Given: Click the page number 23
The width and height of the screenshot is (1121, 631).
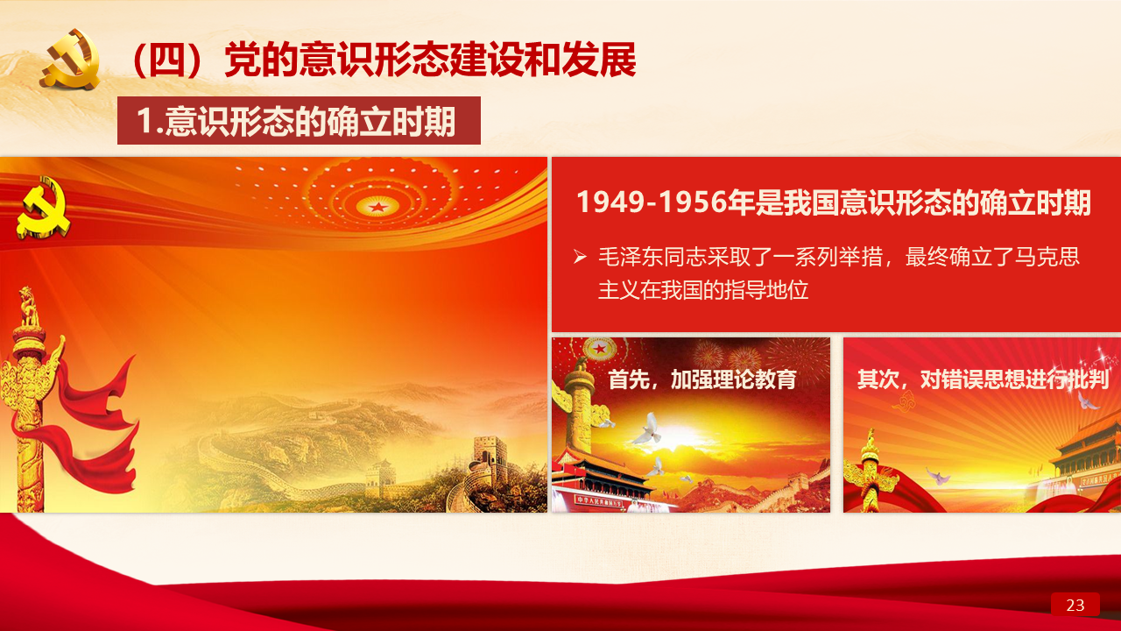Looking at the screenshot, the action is point(1075,605).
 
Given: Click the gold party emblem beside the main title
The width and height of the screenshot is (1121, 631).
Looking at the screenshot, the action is point(71,60).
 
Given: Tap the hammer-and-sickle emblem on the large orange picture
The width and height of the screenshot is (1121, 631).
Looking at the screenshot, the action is point(43,208).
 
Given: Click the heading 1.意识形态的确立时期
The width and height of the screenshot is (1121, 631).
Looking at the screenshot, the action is point(296,121).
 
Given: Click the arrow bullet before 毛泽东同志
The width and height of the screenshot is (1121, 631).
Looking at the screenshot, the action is point(581,257).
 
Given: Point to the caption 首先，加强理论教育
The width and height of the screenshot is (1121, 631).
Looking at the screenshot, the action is point(702,379).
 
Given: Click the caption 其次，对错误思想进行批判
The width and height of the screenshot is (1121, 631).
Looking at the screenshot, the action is point(983,379).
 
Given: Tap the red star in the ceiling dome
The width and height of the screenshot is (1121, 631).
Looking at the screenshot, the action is point(378,206).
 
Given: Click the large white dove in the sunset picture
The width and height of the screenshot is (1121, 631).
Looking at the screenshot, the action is point(648,429).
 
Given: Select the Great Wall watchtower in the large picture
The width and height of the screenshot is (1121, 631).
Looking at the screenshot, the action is point(489,455).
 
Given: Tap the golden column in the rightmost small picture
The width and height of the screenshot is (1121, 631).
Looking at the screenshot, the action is point(871,471).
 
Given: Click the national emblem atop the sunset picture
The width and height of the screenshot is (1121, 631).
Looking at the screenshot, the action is point(599,348).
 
